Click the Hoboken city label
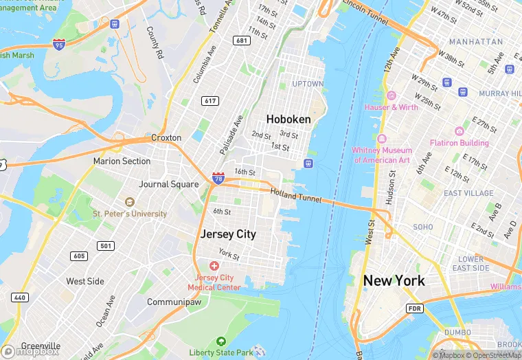(x=288, y=119)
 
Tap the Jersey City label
(x=228, y=234)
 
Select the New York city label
(x=394, y=280)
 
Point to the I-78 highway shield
(x=218, y=179)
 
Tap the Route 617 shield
(x=210, y=101)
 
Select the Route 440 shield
(x=19, y=297)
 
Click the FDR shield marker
(x=414, y=308)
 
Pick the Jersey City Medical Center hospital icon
(x=214, y=266)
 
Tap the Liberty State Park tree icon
(x=221, y=341)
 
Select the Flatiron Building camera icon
(x=459, y=131)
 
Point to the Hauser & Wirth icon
(x=391, y=95)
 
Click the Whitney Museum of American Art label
(x=381, y=155)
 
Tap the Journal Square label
(x=168, y=184)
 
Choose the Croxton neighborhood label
(x=166, y=137)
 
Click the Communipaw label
(x=174, y=302)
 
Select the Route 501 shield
(x=106, y=246)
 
